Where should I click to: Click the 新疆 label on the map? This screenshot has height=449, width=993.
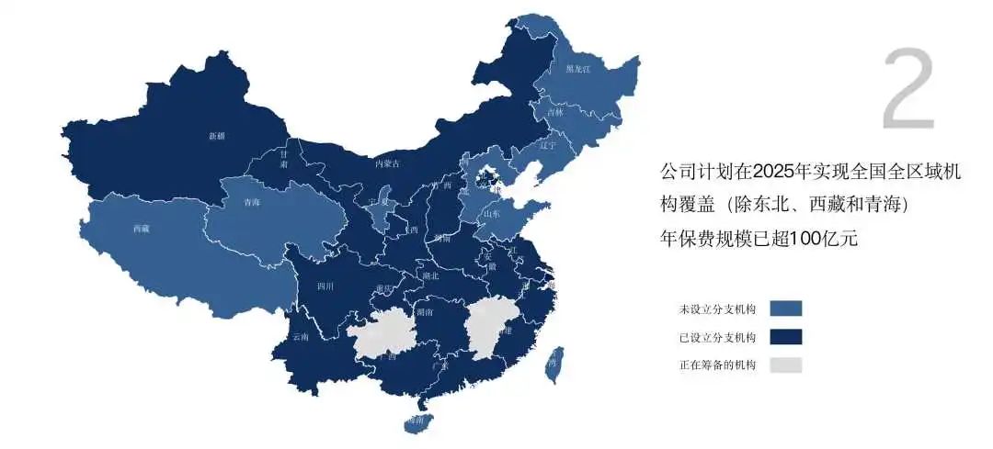point(216,136)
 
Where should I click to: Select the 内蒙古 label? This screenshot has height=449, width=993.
point(387,163)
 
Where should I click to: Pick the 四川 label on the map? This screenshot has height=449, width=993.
point(325,286)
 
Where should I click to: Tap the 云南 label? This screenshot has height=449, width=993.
point(301,337)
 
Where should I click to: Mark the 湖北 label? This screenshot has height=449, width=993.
point(429,275)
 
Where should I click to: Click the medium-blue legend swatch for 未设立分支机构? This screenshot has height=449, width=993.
point(786,308)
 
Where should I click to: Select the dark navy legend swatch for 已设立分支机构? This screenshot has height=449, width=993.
point(786,336)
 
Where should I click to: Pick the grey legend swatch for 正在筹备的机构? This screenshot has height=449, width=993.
point(786,365)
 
